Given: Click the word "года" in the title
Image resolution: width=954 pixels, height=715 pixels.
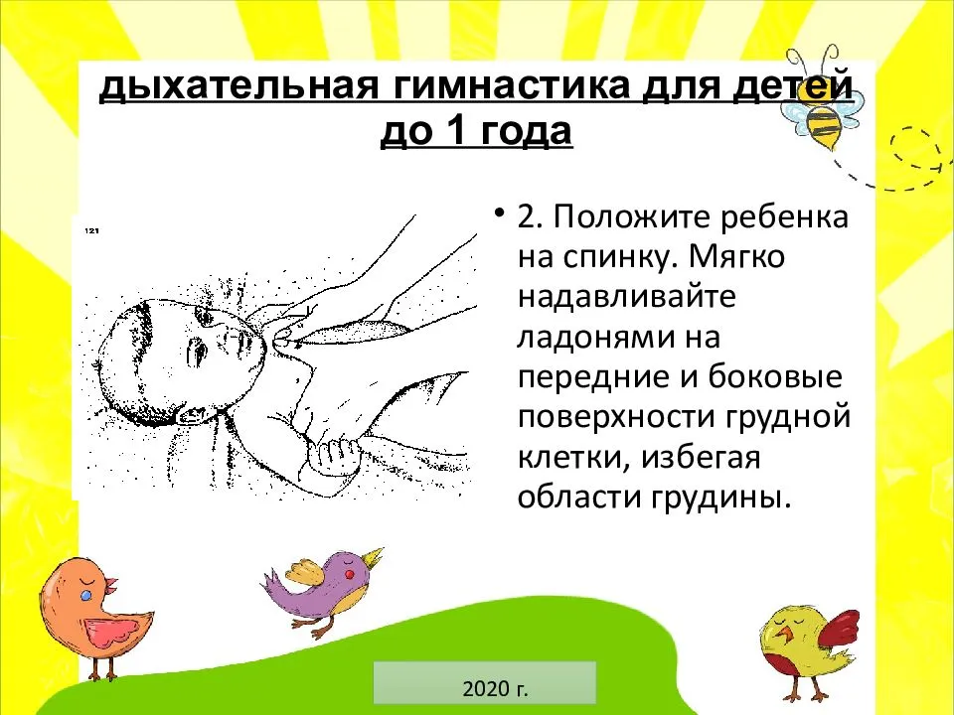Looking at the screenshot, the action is coord(523,131).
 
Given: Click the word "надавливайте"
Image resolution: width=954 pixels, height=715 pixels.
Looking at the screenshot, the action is coord(627,297).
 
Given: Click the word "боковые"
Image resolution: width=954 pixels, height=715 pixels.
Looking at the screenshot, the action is coord(775,377).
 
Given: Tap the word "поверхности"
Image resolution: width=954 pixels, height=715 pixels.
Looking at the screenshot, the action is coord(608,418).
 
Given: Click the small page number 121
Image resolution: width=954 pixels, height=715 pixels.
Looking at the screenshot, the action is coord(92,230).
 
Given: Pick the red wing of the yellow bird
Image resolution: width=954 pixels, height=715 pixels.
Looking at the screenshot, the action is coord(837,633).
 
